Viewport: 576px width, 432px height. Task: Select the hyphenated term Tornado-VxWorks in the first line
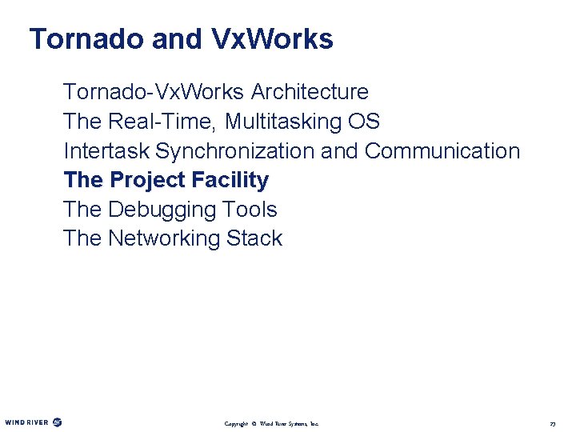point(149,92)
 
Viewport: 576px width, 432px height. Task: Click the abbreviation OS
point(364,122)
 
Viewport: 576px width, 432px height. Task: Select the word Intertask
point(106,150)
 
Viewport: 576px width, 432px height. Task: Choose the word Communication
point(442,150)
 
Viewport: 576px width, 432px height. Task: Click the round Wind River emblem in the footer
point(57,422)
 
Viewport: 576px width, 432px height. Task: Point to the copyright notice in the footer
point(271,422)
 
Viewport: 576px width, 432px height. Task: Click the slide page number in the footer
point(552,422)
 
